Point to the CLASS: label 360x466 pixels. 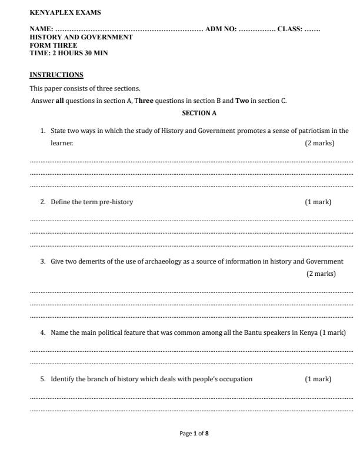pos(289,29)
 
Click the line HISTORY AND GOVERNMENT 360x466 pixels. pos(81,37)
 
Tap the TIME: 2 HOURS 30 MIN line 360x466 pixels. pos(69,53)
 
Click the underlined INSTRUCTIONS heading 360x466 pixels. pos(56,75)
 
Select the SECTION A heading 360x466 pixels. pos(199,113)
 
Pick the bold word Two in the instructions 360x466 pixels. pos(242,101)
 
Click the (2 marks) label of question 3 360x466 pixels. pos(321,274)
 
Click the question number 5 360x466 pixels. pos(43,379)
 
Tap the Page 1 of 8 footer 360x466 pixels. pos(194,434)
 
